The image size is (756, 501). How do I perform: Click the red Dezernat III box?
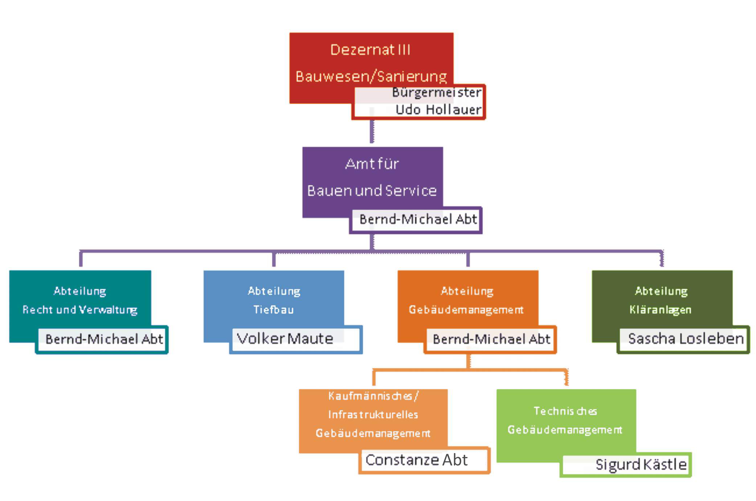(x=370, y=62)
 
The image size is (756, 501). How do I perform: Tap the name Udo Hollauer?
(x=438, y=110)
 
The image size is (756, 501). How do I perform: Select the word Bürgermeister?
(x=437, y=93)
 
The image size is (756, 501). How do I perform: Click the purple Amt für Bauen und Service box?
(x=372, y=178)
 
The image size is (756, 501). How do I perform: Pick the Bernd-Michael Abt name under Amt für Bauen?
(x=418, y=220)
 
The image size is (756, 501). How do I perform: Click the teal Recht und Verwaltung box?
(x=80, y=301)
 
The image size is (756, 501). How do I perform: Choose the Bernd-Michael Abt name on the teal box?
(x=104, y=339)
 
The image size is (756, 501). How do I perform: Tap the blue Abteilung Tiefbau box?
(x=274, y=301)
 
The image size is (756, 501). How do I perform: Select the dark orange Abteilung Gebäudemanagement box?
(x=467, y=301)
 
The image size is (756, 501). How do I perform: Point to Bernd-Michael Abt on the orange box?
(x=491, y=339)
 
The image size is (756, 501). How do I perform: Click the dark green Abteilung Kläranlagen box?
(x=661, y=301)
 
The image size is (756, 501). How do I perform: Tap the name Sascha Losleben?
(x=686, y=339)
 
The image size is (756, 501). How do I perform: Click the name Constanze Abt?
(x=416, y=460)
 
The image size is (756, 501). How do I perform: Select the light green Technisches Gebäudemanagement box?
(x=565, y=421)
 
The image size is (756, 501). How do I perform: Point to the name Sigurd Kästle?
(x=641, y=465)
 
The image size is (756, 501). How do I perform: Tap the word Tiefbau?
(x=274, y=310)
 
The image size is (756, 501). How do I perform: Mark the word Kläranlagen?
(x=660, y=310)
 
